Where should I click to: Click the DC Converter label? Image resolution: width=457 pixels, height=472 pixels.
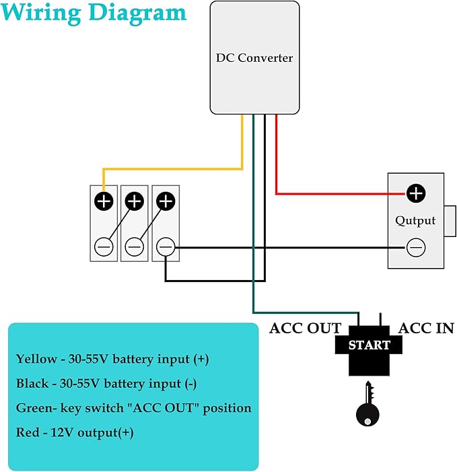pos(254,58)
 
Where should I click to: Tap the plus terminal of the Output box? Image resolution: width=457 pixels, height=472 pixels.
pos(416,193)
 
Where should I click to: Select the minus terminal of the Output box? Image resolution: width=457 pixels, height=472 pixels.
pos(416,248)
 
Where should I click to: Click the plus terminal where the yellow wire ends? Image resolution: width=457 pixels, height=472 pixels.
pos(104,201)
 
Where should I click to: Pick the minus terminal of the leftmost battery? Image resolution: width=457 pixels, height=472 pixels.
pos(104,247)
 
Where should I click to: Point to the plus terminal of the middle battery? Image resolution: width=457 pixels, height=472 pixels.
pos(135,201)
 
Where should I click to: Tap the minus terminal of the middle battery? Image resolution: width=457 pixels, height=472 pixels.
pos(135,247)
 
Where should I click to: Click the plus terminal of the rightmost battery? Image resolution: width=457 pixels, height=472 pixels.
pos(166,201)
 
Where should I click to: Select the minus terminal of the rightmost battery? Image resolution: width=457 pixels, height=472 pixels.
pos(166,247)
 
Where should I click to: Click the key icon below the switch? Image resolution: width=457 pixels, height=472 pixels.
pos(367,404)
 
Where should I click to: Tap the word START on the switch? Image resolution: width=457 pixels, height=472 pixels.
pos(369,345)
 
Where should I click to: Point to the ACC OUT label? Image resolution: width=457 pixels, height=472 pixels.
pos(305,328)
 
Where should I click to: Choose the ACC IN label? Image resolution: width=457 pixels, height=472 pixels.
pos(426,328)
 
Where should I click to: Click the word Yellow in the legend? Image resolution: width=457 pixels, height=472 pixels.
pos(36,359)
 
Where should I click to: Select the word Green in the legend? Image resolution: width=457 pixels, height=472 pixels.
pos(34,408)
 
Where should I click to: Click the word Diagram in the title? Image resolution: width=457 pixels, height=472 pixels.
pos(138,13)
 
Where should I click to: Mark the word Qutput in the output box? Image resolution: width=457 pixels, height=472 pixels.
pos(415,221)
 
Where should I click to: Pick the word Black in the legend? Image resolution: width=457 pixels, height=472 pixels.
pos(32,384)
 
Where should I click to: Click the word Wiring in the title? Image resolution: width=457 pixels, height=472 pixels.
pos(41,13)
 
